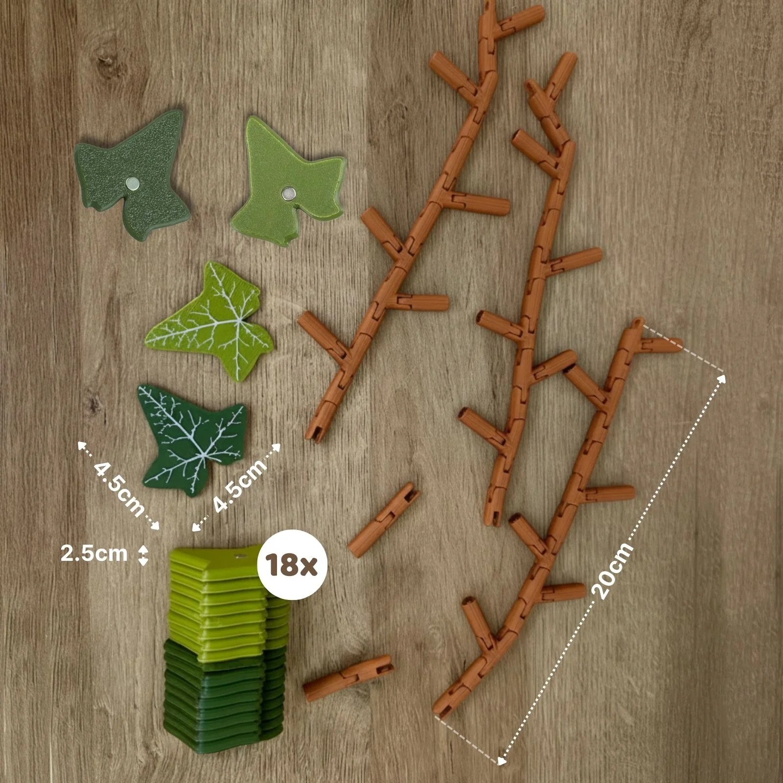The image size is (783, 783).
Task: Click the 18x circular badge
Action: [292, 565]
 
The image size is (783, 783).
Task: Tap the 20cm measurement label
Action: [613, 570]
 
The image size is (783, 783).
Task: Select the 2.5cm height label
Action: [94, 553]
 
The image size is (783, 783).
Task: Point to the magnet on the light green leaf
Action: [289, 193]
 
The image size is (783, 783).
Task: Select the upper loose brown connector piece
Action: [384, 520]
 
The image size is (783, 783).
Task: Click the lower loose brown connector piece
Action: [348, 678]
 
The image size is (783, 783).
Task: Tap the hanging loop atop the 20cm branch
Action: [637, 323]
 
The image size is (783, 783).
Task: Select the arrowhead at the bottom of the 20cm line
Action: [501, 760]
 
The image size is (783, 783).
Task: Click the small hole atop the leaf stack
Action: [238, 556]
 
